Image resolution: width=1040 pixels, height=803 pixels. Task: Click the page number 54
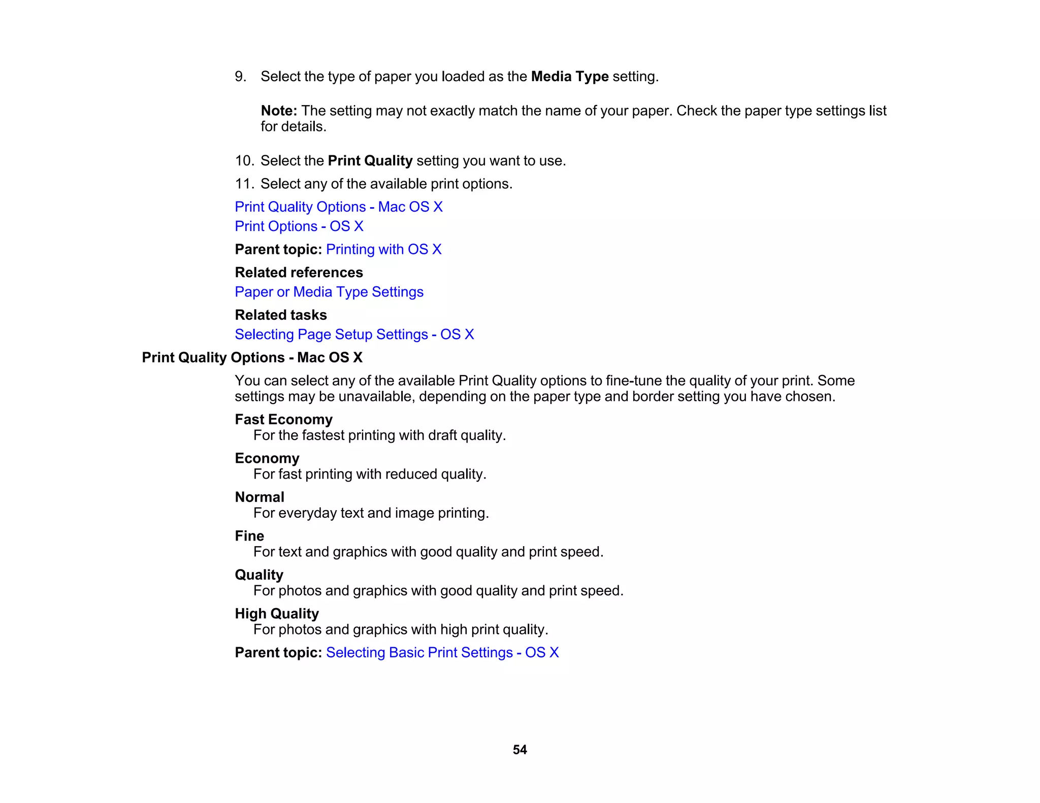pos(519,750)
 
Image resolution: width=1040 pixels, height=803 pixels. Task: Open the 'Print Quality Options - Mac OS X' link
pos(339,207)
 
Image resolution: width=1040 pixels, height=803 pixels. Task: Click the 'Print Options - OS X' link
pos(299,226)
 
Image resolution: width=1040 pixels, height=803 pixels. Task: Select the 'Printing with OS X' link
pos(383,250)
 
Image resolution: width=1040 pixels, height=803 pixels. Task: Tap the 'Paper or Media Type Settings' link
pos(329,292)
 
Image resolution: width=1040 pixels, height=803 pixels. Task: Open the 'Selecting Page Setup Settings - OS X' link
pos(354,334)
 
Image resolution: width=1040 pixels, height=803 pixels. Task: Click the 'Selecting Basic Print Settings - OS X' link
pos(442,653)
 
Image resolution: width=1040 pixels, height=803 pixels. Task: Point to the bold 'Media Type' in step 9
pos(570,77)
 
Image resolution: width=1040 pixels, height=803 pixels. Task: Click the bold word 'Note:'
pos(279,111)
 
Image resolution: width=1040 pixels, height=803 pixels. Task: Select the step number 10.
pos(244,161)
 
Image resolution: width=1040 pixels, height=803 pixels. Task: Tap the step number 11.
pos(244,184)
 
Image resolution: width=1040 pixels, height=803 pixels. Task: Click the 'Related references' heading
pos(299,273)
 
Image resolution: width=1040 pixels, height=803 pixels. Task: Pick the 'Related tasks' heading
pos(281,315)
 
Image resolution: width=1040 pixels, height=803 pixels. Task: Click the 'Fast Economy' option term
pos(283,420)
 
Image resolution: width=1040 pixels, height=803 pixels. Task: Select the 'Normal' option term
pos(259,497)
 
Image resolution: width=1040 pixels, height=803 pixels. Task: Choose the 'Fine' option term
pos(249,536)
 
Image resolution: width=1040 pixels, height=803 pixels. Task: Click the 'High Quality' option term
pos(277,614)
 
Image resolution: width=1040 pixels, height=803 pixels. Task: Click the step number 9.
pos(240,77)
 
